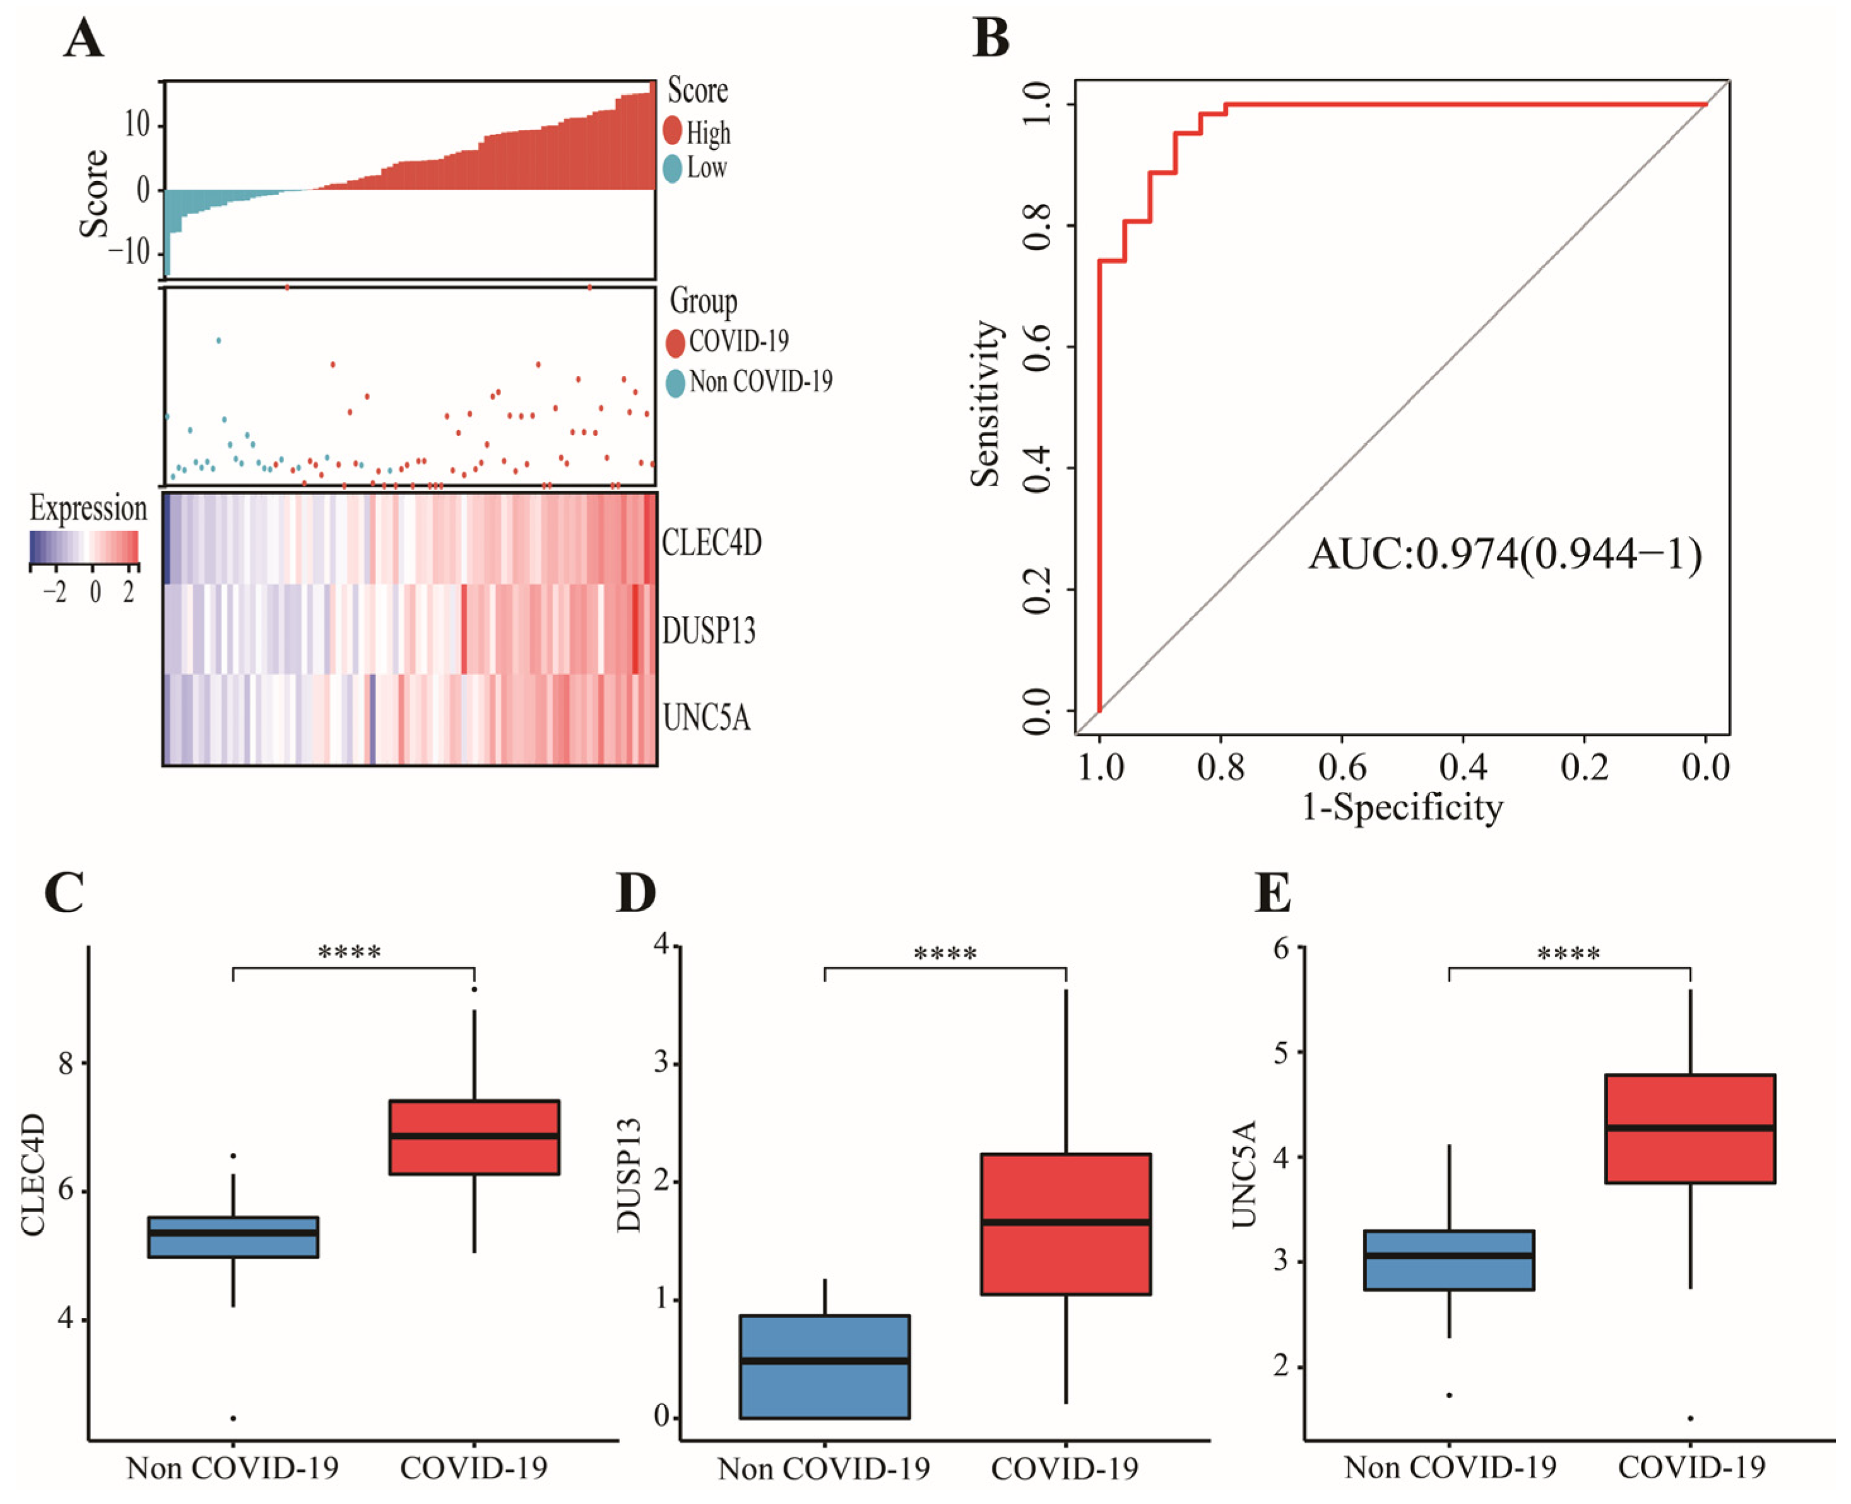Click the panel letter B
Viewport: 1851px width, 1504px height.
(991, 40)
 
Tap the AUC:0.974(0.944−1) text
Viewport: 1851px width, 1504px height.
(1504, 555)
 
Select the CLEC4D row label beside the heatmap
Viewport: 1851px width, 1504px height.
(711, 543)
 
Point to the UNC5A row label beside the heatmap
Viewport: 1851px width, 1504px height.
(706, 718)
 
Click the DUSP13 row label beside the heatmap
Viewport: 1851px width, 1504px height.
(709, 631)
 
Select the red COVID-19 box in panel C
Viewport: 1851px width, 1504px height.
(474, 1137)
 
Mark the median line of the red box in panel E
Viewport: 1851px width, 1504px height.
(1690, 1127)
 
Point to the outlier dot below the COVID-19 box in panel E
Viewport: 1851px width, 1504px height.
(1690, 1418)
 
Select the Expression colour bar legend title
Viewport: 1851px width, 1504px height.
(88, 509)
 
